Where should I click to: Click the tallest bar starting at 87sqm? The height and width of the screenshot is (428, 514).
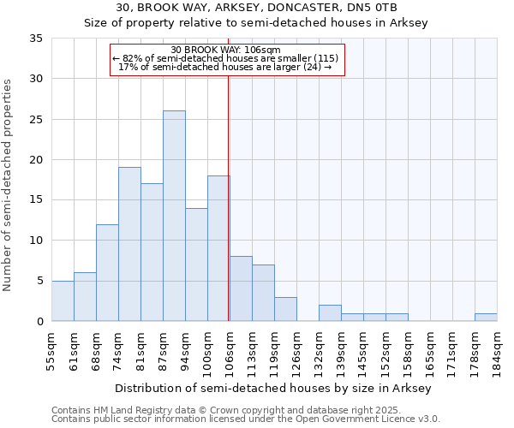point(174,216)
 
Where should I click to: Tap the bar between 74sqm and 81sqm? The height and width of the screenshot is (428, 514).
point(129,244)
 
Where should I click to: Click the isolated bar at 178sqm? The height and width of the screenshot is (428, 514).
point(486,317)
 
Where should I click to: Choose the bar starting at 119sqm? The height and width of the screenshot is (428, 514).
point(285,309)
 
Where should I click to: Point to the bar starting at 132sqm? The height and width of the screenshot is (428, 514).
point(330,312)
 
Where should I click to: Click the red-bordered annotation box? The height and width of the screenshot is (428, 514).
point(227,59)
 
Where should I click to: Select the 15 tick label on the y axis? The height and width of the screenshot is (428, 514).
point(36,200)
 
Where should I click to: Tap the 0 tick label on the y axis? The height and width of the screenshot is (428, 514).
point(39,322)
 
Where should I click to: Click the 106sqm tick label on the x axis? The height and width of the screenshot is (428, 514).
point(230,352)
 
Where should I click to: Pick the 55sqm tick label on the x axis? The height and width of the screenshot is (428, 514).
point(51,352)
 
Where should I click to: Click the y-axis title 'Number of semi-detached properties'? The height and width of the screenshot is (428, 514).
point(8,185)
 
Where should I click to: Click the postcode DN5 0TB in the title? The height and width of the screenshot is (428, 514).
point(371,8)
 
